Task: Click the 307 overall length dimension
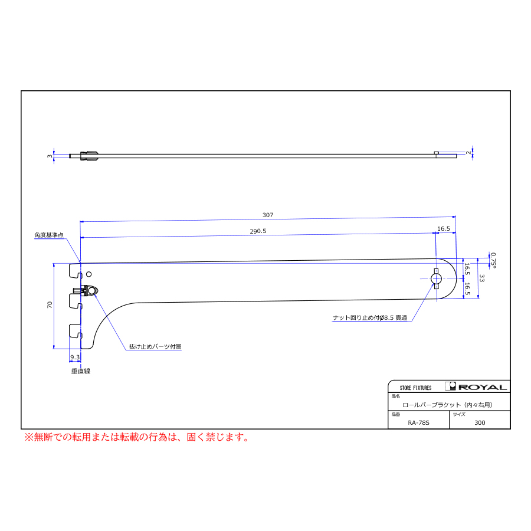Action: coord(267,215)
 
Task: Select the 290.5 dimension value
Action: coord(258,231)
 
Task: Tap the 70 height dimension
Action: coord(50,304)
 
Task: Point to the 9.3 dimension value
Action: coord(75,358)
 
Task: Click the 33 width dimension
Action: coord(482,278)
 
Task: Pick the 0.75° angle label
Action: coord(493,260)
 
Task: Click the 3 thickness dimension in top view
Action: coord(50,156)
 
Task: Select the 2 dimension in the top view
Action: coord(468,153)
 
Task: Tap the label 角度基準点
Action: coord(49,235)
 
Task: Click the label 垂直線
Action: coord(81,371)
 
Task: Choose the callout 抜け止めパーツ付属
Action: coord(155,346)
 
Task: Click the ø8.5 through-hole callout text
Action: coord(370,317)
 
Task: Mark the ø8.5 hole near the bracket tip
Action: coord(436,278)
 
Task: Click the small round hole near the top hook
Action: coord(89,274)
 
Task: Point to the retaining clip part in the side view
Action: coord(86,291)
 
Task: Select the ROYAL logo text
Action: coord(483,387)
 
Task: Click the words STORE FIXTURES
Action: coord(415,388)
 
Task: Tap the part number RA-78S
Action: coord(418,422)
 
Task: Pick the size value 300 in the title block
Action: coord(480,422)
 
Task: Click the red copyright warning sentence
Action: coord(137,437)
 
